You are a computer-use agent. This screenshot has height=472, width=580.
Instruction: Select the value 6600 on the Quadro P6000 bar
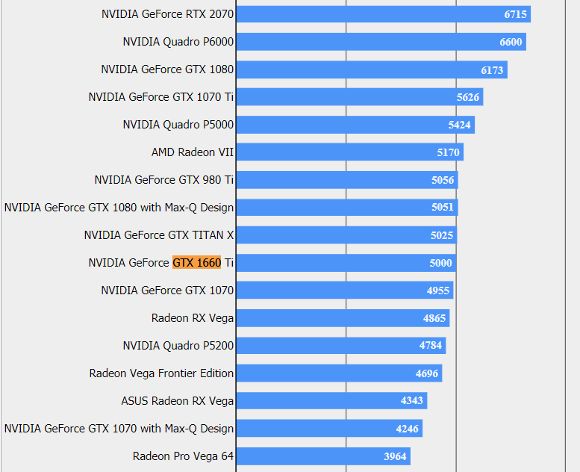511,42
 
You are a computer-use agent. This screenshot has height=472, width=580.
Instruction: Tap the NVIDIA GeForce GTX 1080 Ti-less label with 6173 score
167,69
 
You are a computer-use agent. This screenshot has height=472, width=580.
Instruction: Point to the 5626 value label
468,97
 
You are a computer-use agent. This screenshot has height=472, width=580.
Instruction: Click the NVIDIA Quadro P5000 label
178,125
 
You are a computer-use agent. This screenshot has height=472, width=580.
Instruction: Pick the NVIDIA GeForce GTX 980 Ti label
164,180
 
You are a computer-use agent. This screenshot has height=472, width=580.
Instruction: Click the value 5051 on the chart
443,208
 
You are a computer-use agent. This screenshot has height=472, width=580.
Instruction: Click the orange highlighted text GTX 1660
197,263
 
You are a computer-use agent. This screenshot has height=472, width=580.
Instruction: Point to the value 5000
440,263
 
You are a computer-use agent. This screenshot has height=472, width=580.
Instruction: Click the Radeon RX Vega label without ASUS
193,318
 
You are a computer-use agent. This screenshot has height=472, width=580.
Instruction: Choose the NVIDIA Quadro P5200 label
178,346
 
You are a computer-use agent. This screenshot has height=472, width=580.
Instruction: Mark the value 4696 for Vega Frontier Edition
427,373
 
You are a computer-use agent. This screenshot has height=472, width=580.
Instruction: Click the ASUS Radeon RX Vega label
178,401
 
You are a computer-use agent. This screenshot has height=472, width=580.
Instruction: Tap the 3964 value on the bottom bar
396,456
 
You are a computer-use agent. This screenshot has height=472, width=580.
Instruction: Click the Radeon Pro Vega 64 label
183,456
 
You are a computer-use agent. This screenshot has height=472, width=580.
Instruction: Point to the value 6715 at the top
516,14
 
